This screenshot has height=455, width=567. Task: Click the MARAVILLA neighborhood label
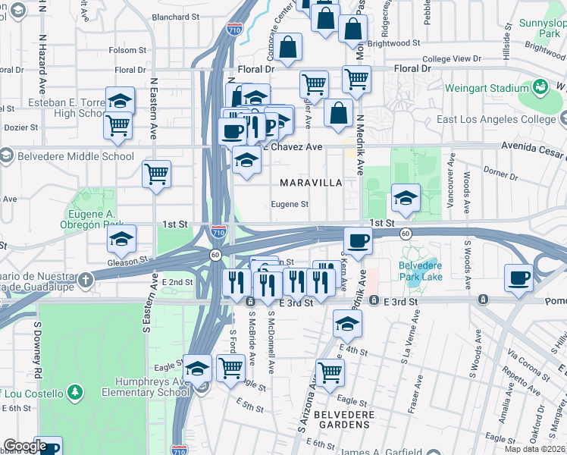311,183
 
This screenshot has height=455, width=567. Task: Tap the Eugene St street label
290,204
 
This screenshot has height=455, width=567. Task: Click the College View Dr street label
451,58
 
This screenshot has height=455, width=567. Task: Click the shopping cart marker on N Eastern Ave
156,174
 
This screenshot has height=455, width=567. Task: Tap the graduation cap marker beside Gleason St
121,240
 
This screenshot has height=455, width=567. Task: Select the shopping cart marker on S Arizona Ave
330,372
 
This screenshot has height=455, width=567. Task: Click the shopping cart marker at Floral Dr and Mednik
356,77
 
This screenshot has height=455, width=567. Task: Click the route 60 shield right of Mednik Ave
406,234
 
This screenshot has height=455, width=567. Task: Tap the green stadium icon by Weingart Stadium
540,87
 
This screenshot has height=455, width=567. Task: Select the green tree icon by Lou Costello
74,392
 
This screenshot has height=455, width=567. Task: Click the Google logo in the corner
25,447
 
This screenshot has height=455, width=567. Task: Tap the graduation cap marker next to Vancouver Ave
406,199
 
